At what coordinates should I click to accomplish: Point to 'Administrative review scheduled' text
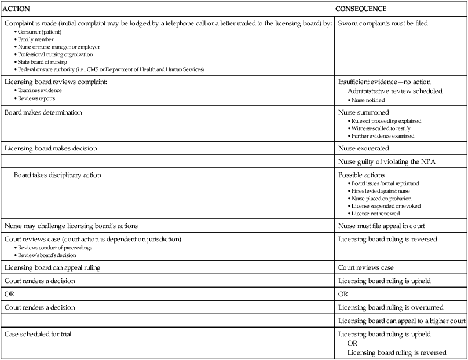[x=396, y=91]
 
